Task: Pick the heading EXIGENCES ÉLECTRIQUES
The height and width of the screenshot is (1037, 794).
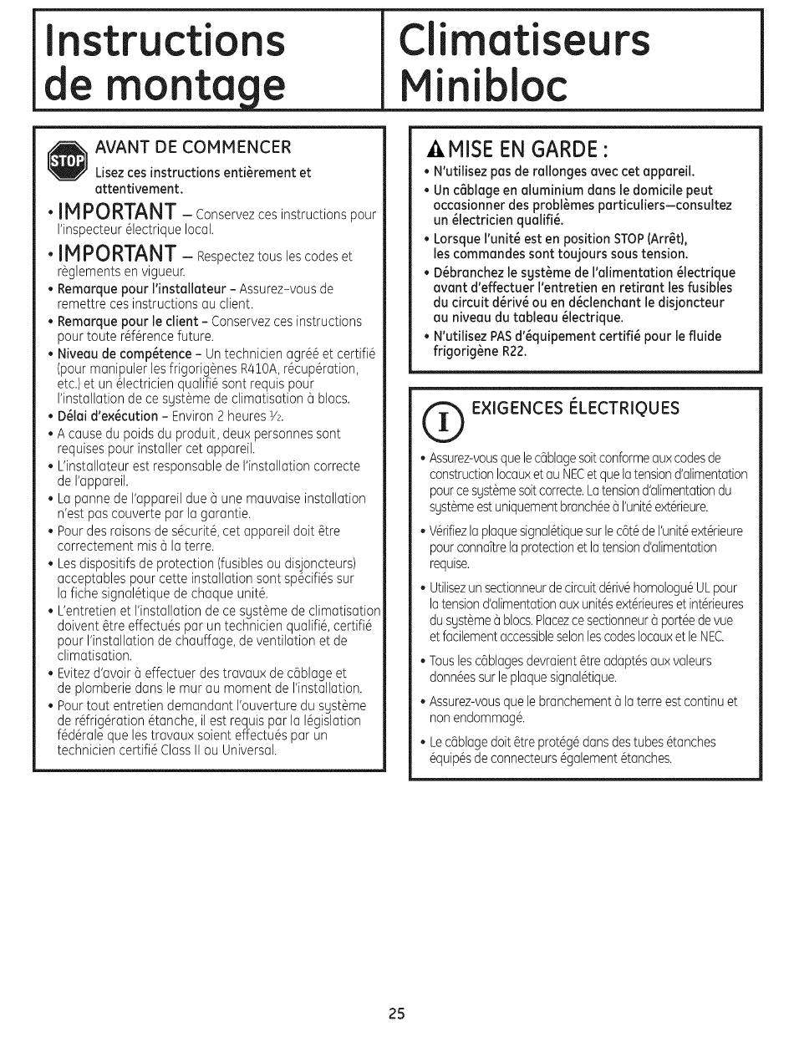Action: (x=576, y=408)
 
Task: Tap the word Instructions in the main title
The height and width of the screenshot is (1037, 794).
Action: (x=164, y=39)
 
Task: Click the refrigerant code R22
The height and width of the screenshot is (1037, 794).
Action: (x=512, y=352)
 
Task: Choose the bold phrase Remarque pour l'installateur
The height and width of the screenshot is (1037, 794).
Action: (x=142, y=289)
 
